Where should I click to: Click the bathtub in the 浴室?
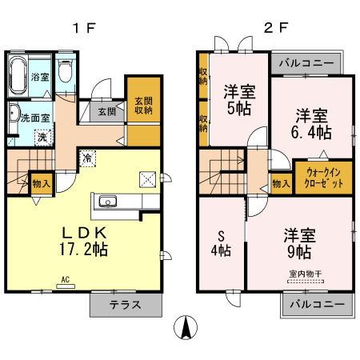coord(18,77)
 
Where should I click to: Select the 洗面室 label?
coord(36,118)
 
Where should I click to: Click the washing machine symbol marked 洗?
coord(41,135)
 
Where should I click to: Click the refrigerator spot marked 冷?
coord(85,158)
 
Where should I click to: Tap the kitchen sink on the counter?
coord(108,201)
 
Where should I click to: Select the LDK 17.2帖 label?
coord(85,240)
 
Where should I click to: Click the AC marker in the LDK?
coord(65,279)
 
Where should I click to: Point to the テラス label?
coord(125,305)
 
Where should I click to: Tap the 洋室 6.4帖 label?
coord(310,122)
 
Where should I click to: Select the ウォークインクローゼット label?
coord(324,177)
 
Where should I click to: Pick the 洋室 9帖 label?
coord(298,244)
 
